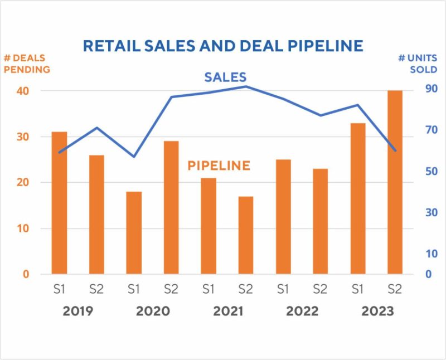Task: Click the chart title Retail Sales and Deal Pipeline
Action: (x=223, y=46)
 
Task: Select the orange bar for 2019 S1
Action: (x=59, y=203)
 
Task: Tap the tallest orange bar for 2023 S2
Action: (x=395, y=182)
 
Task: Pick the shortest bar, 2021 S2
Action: (x=246, y=235)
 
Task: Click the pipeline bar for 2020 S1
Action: (x=134, y=232)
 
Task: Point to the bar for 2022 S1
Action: (x=283, y=217)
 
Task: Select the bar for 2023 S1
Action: (x=358, y=198)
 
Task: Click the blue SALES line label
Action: (x=225, y=77)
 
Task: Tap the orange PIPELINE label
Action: (x=219, y=166)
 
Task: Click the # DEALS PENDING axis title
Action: (x=27, y=64)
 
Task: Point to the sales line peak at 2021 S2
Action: (x=246, y=86)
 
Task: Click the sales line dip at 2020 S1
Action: (x=134, y=157)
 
